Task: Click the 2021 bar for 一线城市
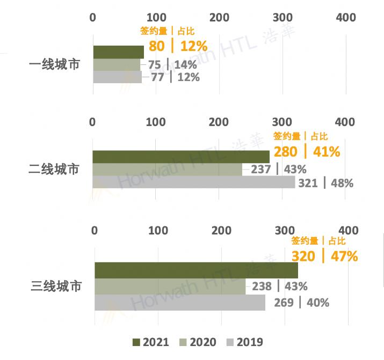point(118,52)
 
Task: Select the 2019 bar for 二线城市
point(194,182)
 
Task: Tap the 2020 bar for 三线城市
point(170,286)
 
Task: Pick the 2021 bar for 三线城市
point(196,270)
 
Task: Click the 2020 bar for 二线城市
point(167,170)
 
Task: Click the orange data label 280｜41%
point(307,151)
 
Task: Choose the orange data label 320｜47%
point(324,256)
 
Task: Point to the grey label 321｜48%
point(326,183)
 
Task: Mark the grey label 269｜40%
point(301,303)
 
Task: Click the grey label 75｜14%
point(172,65)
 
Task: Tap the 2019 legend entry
point(244,342)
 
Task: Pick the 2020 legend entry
point(198,342)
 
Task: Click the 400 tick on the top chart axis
point(345,18)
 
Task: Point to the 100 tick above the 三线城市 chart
point(158,231)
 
